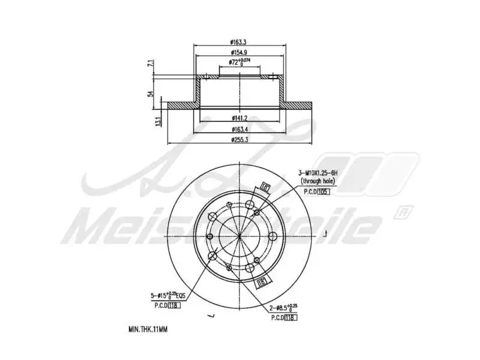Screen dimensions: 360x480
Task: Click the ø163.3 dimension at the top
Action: pyautogui.click(x=239, y=43)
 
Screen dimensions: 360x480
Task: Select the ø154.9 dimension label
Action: pyautogui.click(x=239, y=52)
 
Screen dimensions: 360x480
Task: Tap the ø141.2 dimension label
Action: pyautogui.click(x=239, y=117)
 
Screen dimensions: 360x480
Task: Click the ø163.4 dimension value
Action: pyautogui.click(x=239, y=129)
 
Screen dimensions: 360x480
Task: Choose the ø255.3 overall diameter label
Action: pyautogui.click(x=239, y=140)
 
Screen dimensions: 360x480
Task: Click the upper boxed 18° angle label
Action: pyautogui.click(x=265, y=188)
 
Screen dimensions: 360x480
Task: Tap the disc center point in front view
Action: pyautogui.click(x=239, y=236)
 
